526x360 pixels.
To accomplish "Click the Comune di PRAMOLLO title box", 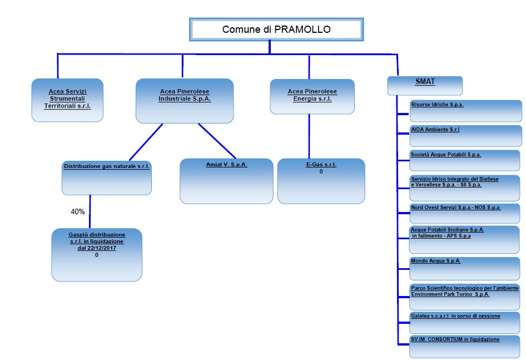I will tap(276, 29).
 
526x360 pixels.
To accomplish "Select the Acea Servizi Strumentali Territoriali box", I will tap(67, 100).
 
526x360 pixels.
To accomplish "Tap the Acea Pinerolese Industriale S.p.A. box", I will tap(185, 101).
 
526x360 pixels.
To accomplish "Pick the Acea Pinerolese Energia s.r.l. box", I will tap(312, 96).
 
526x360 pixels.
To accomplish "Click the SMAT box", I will tap(425, 85).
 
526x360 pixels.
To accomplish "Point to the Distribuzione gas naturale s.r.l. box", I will tap(107, 177).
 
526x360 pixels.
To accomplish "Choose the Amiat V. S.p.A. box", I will tap(226, 181).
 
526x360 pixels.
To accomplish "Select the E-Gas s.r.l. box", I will tap(321, 181).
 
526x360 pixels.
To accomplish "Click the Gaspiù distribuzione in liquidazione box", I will tap(97, 254).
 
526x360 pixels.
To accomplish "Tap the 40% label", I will tap(78, 212).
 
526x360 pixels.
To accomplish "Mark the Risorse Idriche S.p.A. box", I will tap(465, 111).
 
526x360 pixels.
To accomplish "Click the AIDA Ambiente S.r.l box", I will tap(465, 136).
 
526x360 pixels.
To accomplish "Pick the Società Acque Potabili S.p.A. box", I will tap(465, 160).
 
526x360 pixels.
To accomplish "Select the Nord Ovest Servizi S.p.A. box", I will tap(465, 213).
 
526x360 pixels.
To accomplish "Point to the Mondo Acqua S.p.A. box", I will tap(465, 268).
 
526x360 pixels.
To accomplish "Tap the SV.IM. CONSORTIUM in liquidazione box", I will tap(465, 346).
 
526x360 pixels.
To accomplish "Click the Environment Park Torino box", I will tap(465, 297).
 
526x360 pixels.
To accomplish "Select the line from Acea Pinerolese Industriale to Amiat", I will tap(217, 141).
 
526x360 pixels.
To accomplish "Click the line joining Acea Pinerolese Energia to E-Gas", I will tap(309, 136).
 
